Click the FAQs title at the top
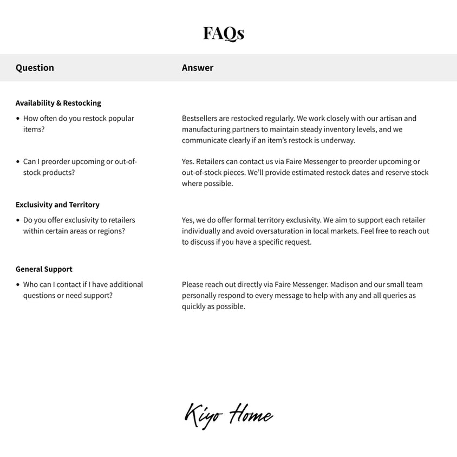click(x=224, y=34)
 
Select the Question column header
click(x=35, y=68)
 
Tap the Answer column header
click(x=198, y=68)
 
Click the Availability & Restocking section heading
click(x=58, y=103)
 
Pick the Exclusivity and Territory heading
click(x=57, y=205)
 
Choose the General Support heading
click(x=44, y=269)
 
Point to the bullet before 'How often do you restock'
click(x=18, y=119)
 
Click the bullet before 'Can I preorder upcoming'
click(x=18, y=162)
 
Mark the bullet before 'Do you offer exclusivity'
click(x=18, y=220)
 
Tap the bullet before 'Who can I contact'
click(x=18, y=285)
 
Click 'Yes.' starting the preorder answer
click(x=188, y=161)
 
